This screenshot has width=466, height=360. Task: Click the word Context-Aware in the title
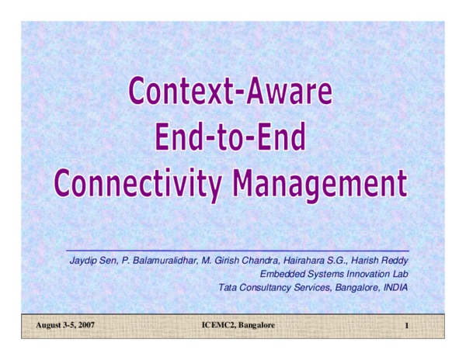[231, 92]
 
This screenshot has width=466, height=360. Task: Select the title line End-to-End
[231, 138]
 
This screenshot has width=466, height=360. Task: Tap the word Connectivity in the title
[138, 184]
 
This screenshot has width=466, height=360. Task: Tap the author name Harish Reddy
[381, 260]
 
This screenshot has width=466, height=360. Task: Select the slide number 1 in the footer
[406, 325]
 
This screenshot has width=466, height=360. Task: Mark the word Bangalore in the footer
[256, 324]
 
